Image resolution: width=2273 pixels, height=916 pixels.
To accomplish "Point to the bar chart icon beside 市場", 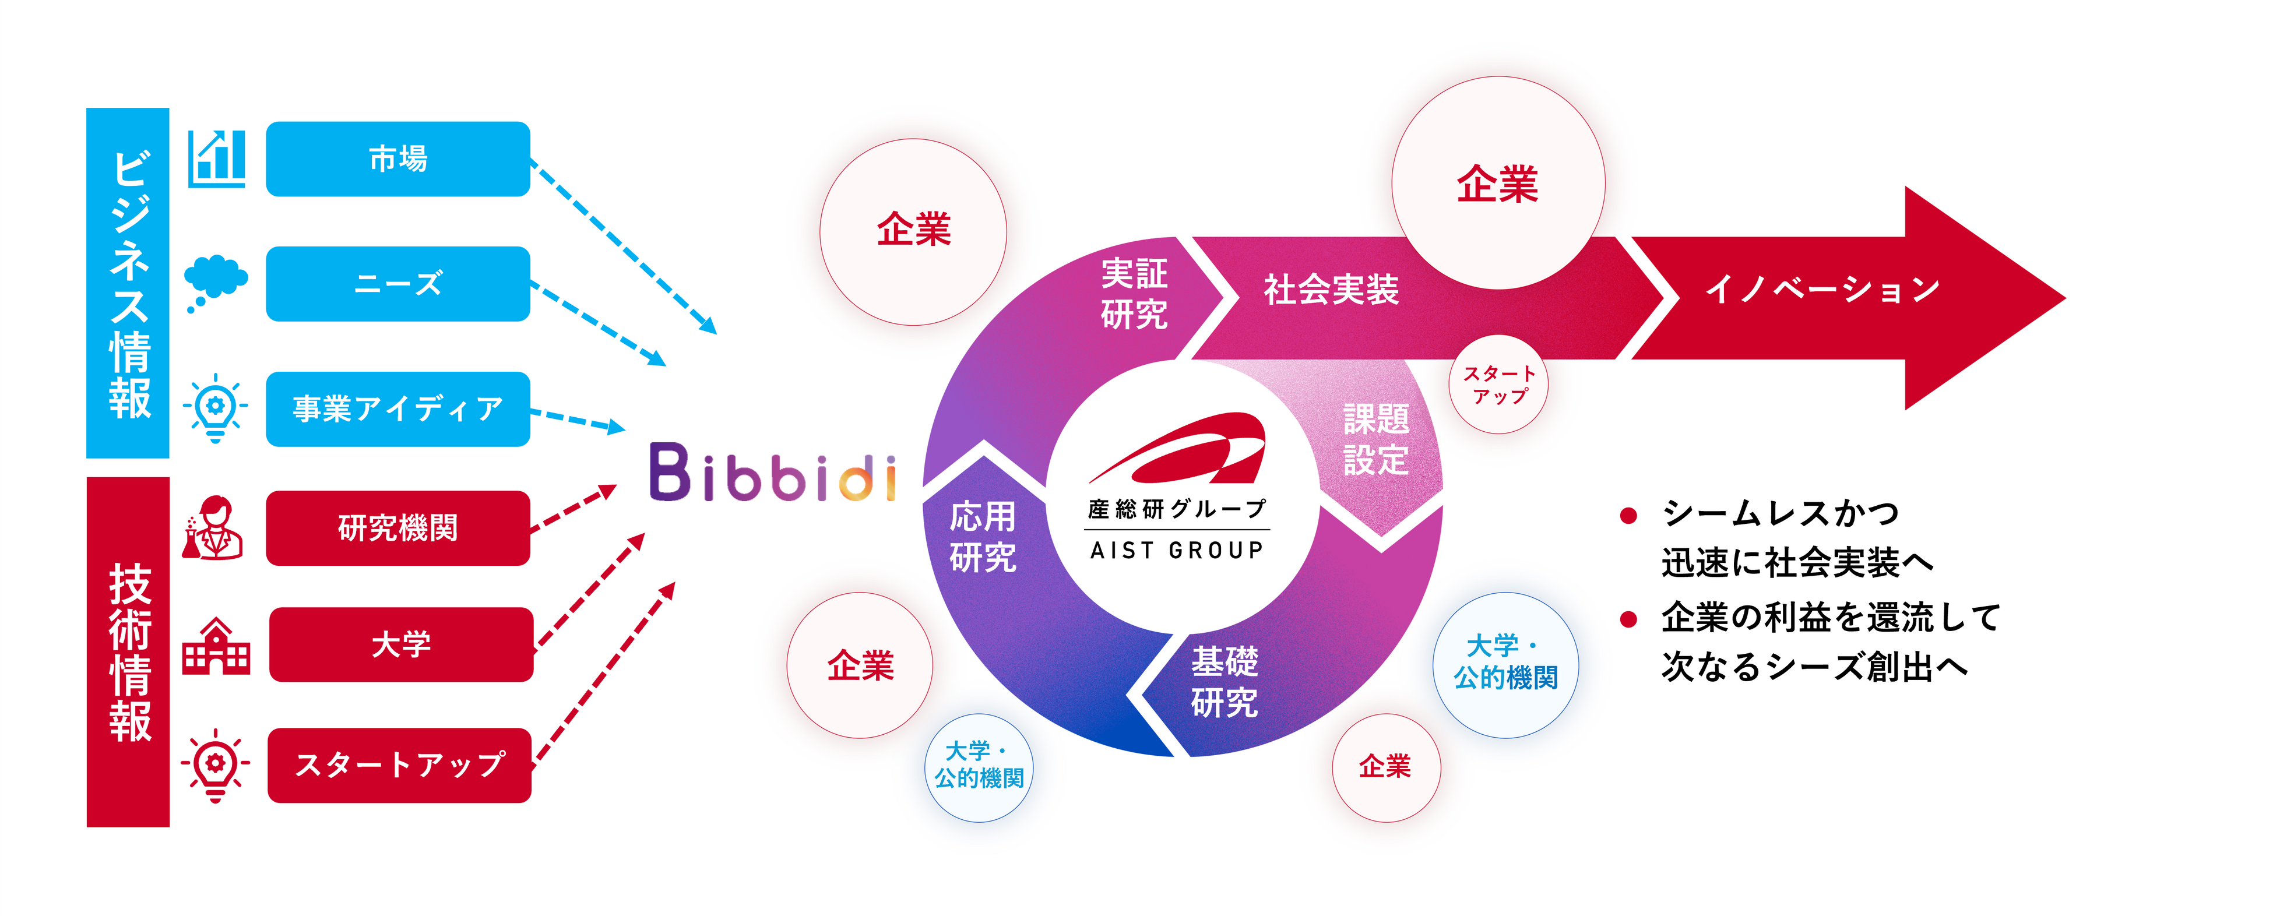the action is click(x=216, y=159).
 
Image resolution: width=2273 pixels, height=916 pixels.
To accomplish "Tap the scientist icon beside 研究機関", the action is click(x=213, y=528).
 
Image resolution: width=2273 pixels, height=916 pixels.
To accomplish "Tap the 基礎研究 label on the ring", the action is click(x=1224, y=681).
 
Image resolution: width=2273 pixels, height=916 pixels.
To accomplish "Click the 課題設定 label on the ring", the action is click(x=1375, y=439).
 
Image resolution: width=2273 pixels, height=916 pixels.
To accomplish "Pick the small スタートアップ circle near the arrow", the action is click(x=1498, y=385).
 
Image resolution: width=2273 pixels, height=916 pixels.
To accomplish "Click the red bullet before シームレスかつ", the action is click(x=1629, y=515).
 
